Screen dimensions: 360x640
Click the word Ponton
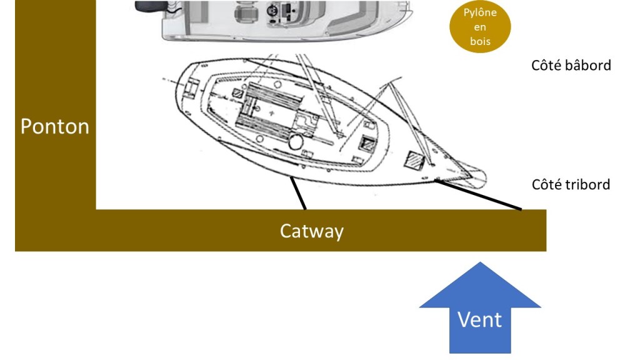[x=55, y=126]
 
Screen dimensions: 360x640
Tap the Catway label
[x=311, y=231]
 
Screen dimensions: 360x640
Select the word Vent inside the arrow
[x=479, y=319]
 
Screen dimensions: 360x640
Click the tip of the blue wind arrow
[x=479, y=264]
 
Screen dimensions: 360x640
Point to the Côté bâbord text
[x=571, y=65]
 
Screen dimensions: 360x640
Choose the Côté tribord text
[x=571, y=184]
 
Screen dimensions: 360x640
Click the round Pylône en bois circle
[x=480, y=27]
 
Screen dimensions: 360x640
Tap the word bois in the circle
[x=480, y=42]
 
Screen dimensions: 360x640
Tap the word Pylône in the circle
[x=480, y=12]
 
